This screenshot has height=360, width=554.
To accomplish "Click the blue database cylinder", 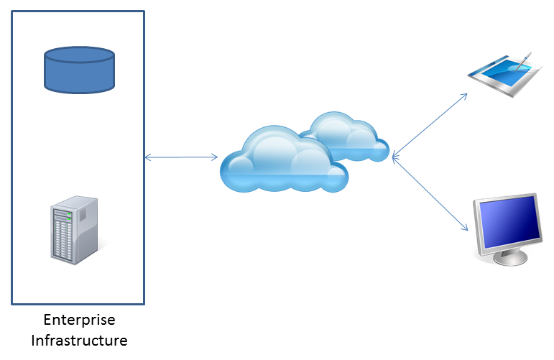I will pyautogui.click(x=79, y=70).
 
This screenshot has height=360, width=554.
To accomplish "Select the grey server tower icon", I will pyautogui.click(x=75, y=230).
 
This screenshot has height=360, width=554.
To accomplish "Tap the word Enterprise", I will pyautogui.click(x=79, y=320).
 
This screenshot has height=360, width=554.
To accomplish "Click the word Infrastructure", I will pyautogui.click(x=79, y=340).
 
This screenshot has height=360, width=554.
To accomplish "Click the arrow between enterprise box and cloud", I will pyautogui.click(x=181, y=157).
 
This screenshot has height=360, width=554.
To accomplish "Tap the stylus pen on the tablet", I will pyautogui.click(x=523, y=60).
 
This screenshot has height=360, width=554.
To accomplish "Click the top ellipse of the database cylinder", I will pyautogui.click(x=79, y=55).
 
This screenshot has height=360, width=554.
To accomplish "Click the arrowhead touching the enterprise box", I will pyautogui.click(x=147, y=157).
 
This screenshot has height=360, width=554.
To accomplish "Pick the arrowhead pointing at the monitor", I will pyautogui.click(x=466, y=228).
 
